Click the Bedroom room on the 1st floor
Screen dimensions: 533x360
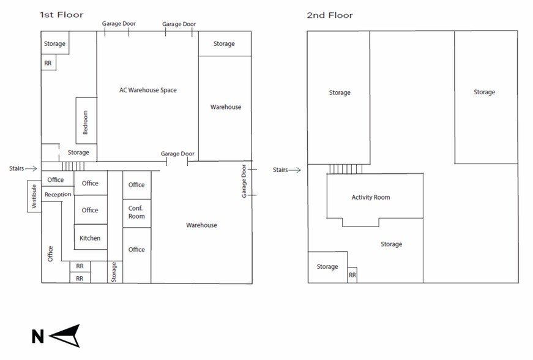tap(86, 121)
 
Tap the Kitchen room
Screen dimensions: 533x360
tap(91, 237)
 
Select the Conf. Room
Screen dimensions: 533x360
tap(136, 213)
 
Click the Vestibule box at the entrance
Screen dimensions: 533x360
tap(34, 196)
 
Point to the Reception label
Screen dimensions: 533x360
tap(58, 195)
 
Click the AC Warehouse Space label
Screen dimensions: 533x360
tap(148, 90)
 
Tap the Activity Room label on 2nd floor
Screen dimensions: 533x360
tap(371, 197)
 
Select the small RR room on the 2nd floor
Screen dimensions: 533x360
tap(352, 275)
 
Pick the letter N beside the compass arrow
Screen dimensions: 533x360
tap(38, 337)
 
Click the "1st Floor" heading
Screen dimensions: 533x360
tap(61, 15)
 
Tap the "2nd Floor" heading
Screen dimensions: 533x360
tap(330, 15)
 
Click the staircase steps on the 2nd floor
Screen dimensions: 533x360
tap(346, 169)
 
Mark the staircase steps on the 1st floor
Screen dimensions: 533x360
tap(73, 167)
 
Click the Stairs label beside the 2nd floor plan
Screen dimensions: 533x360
tap(280, 170)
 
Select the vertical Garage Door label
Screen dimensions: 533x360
tap(244, 181)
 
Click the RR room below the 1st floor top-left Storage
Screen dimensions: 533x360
tap(48, 62)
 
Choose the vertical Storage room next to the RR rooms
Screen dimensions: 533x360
tap(115, 272)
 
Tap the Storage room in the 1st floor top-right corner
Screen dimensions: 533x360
tap(225, 43)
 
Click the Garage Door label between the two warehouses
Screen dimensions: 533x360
tap(177, 154)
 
